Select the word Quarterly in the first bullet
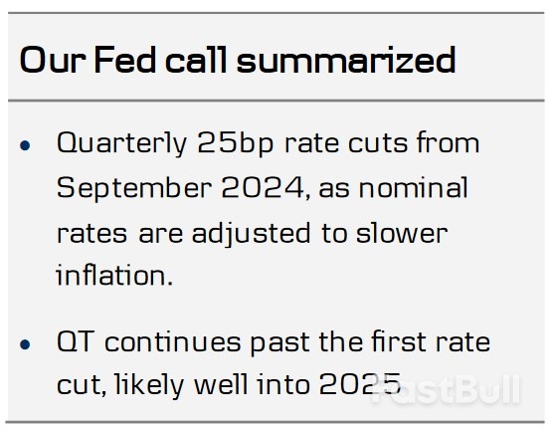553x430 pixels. pos(118,143)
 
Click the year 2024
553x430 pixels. pos(254,188)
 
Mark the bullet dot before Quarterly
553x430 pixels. pos(27,146)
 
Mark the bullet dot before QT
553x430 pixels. pos(27,345)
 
